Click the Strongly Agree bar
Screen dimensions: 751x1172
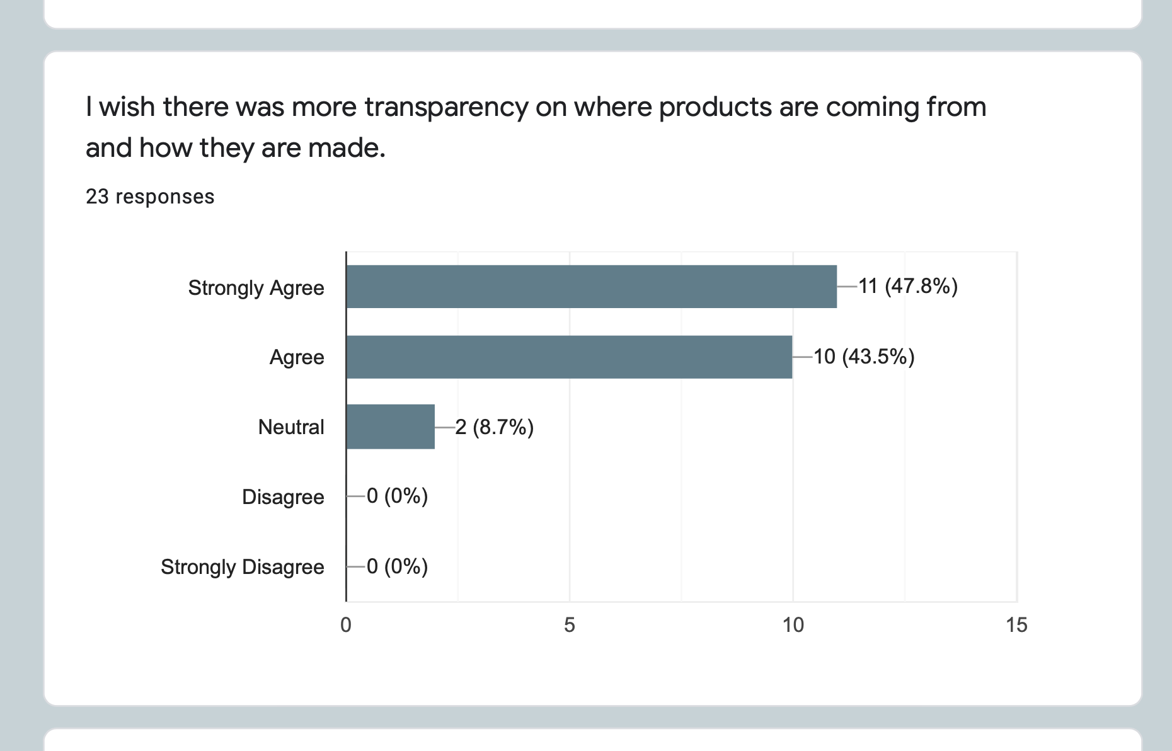pos(591,287)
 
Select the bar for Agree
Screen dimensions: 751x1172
pos(569,357)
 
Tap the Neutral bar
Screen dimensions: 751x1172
pos(390,427)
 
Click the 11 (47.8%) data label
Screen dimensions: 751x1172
pos(908,287)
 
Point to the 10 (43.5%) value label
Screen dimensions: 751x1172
pos(864,357)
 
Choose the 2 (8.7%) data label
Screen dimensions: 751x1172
pos(495,427)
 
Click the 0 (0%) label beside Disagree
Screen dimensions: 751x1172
pos(397,496)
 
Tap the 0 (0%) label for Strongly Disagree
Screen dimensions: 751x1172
pos(397,567)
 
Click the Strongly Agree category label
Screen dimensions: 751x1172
pos(256,288)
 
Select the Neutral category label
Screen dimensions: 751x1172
pos(291,427)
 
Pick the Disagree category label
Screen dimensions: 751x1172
pos(283,497)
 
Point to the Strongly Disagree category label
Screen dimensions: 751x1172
pos(243,567)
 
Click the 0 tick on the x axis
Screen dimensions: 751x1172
pos(346,625)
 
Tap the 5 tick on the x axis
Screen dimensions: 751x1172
pos(570,625)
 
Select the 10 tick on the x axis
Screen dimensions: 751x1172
pos(793,625)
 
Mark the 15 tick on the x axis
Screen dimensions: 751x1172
pos(1016,625)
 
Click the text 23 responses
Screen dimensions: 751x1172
pos(150,197)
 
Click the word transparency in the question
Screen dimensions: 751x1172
pos(446,107)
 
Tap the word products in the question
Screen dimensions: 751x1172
pos(715,107)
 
